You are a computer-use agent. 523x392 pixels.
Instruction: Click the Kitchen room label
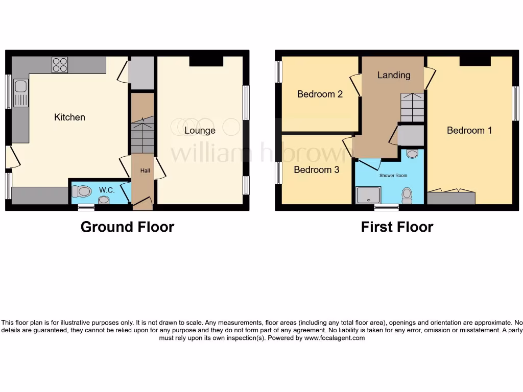click(x=69, y=117)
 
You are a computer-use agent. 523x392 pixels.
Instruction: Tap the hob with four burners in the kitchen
click(x=59, y=65)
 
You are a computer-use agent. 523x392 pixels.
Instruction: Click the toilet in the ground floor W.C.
click(x=81, y=191)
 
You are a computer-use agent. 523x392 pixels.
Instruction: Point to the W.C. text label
click(x=106, y=190)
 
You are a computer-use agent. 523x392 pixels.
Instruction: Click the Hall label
click(x=145, y=170)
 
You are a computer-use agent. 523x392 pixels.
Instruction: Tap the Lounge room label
click(x=200, y=131)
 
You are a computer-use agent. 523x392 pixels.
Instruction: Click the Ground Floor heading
click(x=127, y=227)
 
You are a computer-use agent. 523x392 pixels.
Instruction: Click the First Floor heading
click(x=397, y=227)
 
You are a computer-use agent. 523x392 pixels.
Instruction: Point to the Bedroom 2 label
click(x=320, y=94)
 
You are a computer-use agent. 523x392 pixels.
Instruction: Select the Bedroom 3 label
click(x=316, y=169)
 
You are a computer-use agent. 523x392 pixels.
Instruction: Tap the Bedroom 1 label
click(x=469, y=131)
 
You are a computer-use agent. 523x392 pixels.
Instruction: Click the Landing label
click(x=393, y=75)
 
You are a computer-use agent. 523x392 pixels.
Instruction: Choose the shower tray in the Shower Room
click(x=368, y=194)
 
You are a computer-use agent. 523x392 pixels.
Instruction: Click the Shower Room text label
click(x=393, y=176)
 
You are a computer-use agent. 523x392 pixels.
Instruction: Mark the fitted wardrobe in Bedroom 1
click(x=451, y=198)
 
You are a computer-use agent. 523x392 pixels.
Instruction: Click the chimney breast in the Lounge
click(x=206, y=61)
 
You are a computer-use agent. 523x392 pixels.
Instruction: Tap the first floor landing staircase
click(x=412, y=107)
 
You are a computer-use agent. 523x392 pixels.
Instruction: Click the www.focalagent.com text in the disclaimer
click(x=335, y=338)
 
